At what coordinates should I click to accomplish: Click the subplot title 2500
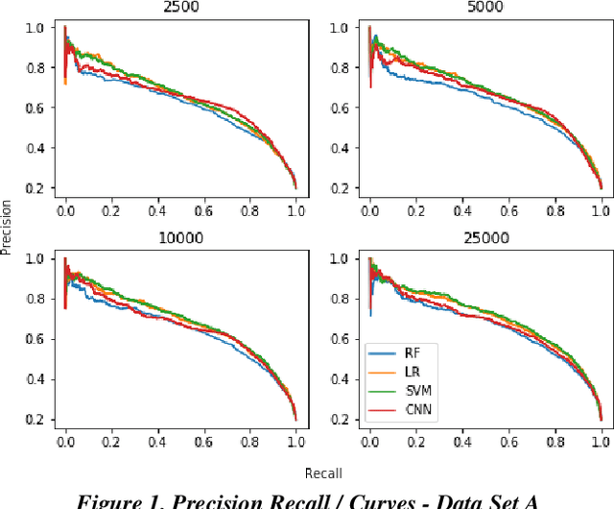click(x=179, y=7)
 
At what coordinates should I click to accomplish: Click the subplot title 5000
click(x=484, y=7)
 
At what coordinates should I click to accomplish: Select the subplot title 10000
click(x=179, y=238)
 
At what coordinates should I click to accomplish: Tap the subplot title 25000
click(x=484, y=238)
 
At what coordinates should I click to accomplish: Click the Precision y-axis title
click(x=8, y=227)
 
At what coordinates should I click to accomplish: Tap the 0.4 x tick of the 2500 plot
click(x=157, y=206)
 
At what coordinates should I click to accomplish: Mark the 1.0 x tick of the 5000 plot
click(x=601, y=206)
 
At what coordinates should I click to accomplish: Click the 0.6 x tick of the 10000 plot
click(x=203, y=439)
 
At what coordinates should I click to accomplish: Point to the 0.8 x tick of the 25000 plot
click(x=555, y=439)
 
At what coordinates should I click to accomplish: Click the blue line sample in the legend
click(x=382, y=354)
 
